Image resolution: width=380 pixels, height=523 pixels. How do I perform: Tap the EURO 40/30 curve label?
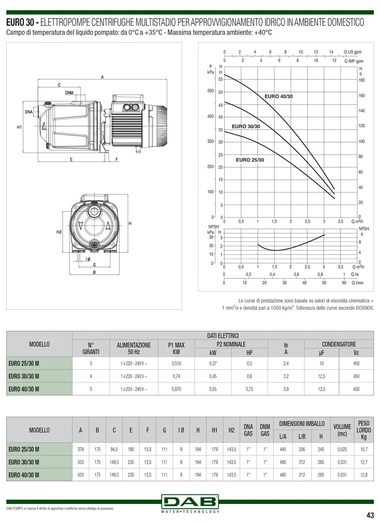click(279, 96)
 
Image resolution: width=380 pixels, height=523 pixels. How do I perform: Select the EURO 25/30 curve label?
click(250, 160)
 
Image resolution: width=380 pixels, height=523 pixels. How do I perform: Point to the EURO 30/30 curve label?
click(246, 126)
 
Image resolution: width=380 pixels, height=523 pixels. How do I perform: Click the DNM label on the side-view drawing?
click(69, 93)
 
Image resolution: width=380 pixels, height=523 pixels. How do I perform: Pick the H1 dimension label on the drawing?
click(19, 128)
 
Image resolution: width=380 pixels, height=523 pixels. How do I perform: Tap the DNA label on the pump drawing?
click(29, 112)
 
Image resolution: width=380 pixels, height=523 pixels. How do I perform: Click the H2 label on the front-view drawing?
click(59, 232)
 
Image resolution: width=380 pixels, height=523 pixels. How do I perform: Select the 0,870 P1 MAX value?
click(176, 389)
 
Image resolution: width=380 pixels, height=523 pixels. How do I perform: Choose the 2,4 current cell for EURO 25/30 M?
click(286, 363)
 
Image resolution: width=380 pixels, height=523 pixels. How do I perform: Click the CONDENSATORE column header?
click(339, 344)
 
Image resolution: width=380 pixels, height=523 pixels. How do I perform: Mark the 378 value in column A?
click(81, 449)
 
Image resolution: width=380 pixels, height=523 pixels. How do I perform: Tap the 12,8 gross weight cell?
click(364, 475)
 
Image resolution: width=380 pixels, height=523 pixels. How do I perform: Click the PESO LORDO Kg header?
click(364, 430)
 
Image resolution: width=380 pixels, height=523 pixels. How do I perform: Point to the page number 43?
click(370, 515)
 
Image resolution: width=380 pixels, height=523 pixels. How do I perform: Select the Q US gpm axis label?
click(353, 52)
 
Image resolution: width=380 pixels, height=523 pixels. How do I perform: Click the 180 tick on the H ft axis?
click(361, 80)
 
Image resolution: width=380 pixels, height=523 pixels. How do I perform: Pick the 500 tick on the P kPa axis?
click(211, 91)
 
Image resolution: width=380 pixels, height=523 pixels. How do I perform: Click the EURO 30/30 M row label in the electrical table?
click(24, 376)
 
